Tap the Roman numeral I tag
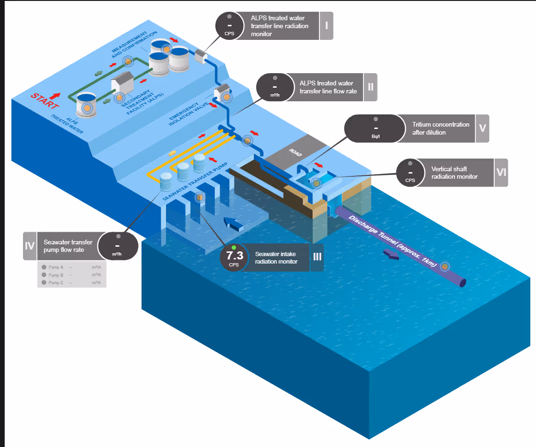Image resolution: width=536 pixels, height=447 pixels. click(x=326, y=26)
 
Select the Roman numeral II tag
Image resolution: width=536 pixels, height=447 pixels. click(x=370, y=87)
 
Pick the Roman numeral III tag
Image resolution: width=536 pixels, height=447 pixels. click(x=317, y=258)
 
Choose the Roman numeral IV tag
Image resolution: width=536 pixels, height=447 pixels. click(x=30, y=246)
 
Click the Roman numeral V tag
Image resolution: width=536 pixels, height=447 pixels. click(x=482, y=129)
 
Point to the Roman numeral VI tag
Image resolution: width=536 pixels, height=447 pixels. click(x=501, y=173)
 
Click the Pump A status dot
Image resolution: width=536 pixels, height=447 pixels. click(x=44, y=267)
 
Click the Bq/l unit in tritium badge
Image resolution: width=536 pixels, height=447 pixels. click(x=375, y=136)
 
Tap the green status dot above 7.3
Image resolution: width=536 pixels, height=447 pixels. click(x=234, y=247)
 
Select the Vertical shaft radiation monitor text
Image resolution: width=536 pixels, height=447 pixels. click(x=454, y=173)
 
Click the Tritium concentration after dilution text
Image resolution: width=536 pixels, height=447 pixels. click(x=440, y=129)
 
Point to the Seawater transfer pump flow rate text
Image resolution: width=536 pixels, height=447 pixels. click(x=68, y=246)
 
